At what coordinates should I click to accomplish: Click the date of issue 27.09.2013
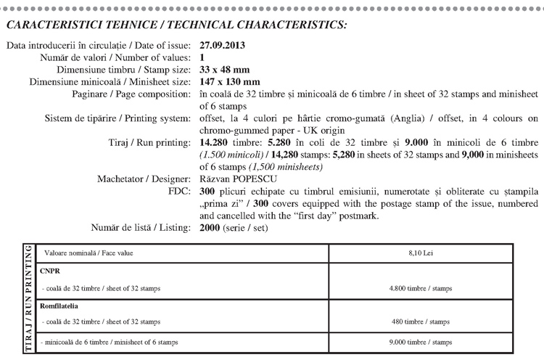click(x=221, y=45)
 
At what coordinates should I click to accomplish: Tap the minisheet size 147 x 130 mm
click(x=229, y=81)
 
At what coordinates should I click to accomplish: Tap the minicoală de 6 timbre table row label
click(x=109, y=341)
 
